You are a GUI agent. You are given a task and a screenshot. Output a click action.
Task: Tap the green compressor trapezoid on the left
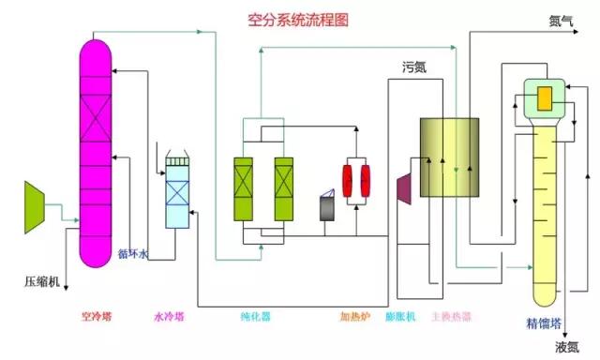pos(36,200)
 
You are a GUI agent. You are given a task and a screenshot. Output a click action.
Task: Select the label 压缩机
pos(41,281)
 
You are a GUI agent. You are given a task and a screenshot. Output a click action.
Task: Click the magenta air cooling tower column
pos(95,150)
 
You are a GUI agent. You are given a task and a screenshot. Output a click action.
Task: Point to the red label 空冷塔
pos(97,317)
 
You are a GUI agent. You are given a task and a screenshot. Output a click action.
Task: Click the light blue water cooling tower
pos(177,192)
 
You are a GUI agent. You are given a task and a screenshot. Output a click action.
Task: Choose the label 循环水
pos(132,252)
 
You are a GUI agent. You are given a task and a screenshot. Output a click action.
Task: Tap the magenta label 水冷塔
pos(170,317)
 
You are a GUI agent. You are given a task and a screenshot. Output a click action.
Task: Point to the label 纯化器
pos(256,317)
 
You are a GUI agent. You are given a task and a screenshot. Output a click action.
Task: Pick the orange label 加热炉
pos(355,317)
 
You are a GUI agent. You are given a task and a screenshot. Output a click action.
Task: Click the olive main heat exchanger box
pos(449,157)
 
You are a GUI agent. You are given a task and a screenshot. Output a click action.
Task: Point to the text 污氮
pos(414,67)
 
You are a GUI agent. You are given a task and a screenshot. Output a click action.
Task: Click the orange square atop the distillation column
pos(543,96)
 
